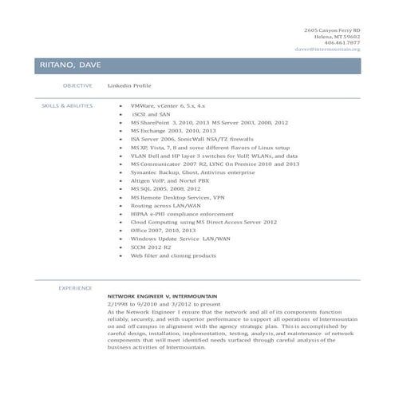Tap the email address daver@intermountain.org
(327, 49)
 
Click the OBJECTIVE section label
(77, 85)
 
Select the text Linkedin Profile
(129, 85)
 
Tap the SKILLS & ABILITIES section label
(67, 105)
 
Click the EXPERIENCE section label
(77, 287)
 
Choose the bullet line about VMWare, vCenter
(168, 105)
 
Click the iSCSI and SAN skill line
(151, 114)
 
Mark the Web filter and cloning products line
(173, 256)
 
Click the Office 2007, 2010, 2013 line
(163, 231)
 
